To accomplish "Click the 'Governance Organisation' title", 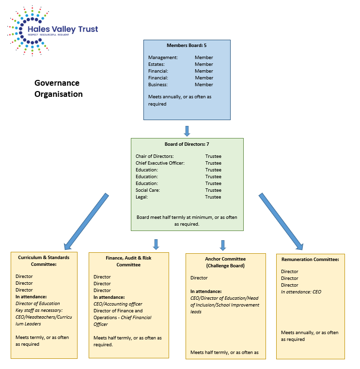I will click(58, 89).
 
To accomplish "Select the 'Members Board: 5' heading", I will click(187, 46).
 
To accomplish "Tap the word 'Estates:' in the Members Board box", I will click(157, 64).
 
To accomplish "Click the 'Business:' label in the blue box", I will click(158, 85).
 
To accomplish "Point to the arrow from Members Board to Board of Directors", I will click(187, 131).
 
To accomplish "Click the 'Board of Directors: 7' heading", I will click(187, 144).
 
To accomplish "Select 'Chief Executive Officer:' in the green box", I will click(160, 163).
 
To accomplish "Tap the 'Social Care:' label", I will click(148, 190).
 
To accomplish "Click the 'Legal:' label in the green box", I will click(142, 197).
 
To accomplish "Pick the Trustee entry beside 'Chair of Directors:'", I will click(213, 156).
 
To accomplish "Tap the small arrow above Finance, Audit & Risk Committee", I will click(156, 244).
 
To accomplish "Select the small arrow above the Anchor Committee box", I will click(223, 245).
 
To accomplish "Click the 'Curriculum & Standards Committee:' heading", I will click(44, 261).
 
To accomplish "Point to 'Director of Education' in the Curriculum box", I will click(38, 304).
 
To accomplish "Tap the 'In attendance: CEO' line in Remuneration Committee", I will click(301, 292).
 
